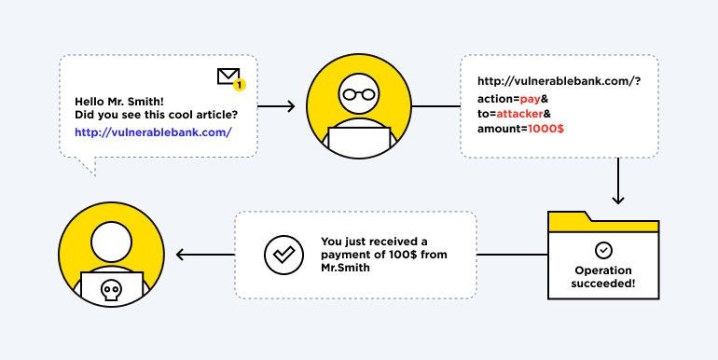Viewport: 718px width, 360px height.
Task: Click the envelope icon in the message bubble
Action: coord(228,76)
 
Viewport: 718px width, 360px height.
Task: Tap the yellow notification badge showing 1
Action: coord(239,85)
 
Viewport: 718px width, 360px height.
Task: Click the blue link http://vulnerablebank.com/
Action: coord(153,132)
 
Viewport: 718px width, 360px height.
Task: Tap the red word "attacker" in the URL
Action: coord(526,113)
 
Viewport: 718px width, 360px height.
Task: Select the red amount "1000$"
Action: coord(545,129)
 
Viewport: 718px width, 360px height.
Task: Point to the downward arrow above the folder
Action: coord(617,182)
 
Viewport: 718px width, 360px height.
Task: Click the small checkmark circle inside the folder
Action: coord(604,250)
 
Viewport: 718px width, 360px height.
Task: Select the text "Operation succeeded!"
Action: coord(603,277)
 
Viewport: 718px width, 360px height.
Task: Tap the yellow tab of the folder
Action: coord(570,220)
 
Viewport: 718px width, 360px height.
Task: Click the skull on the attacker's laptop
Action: coord(112,290)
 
